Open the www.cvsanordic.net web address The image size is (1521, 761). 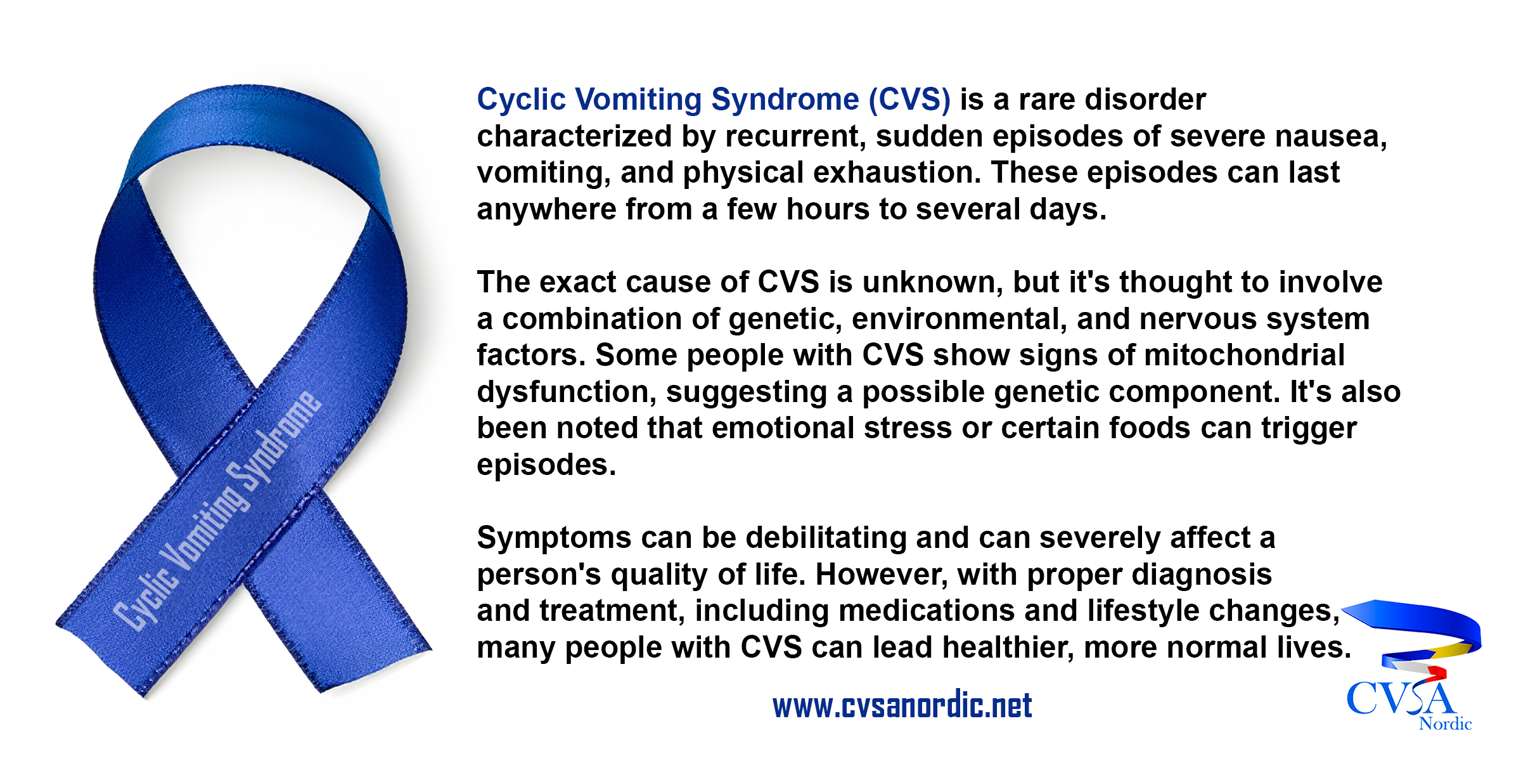(x=902, y=705)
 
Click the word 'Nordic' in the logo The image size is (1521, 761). (x=1445, y=724)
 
